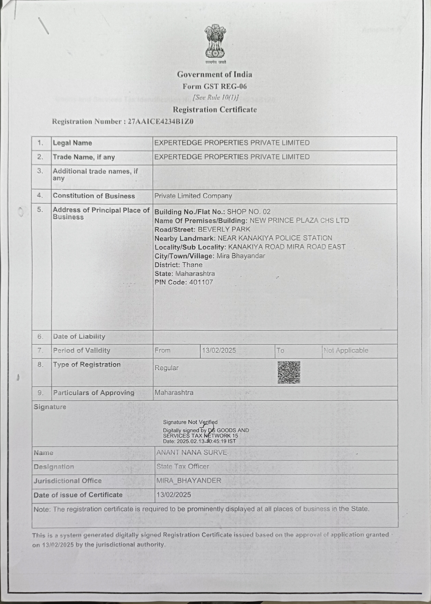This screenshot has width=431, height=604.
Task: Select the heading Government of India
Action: coord(214,75)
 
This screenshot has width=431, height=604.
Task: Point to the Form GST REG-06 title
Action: coord(214,86)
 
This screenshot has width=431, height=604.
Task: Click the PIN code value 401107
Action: coord(201,282)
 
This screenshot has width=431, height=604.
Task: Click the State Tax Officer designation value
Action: coord(183,467)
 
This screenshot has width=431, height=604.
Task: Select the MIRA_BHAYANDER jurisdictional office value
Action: coord(188,481)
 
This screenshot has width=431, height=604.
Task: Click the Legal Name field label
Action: coord(72,143)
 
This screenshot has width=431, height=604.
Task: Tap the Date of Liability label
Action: coord(79,336)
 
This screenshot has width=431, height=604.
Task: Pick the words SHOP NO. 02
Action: coord(248,212)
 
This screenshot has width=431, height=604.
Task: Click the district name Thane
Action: coord(192,265)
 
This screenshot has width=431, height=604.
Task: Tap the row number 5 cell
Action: coord(40,210)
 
